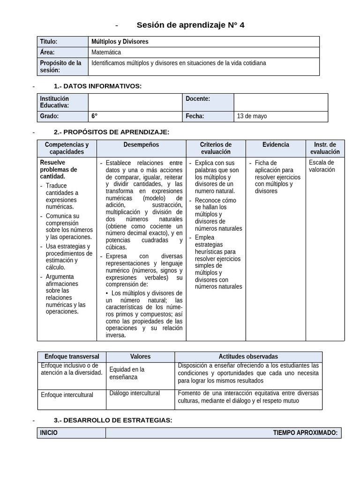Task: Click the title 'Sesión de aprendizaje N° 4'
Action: point(190,25)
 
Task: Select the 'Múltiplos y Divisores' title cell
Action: point(120,42)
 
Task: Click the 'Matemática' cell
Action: point(106,52)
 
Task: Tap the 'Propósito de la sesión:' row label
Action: point(61,66)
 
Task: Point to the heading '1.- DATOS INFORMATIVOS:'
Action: point(97,86)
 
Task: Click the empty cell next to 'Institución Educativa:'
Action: point(135,102)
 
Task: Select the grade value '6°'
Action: point(95,116)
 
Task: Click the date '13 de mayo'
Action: point(252,116)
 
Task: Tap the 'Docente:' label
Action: point(198,99)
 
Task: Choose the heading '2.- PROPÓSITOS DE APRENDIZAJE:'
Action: point(112,132)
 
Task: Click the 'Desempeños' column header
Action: point(141,145)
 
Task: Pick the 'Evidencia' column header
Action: point(276,145)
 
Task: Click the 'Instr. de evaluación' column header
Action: point(325,148)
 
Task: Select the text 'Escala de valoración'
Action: point(322,166)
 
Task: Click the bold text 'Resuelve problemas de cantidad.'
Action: point(59,169)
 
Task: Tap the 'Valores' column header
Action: point(140,357)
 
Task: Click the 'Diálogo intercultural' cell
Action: point(135,393)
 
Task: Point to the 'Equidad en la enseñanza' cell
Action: point(127,373)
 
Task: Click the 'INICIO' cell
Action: point(49,433)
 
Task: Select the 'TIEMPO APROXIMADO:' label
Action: point(305,433)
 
